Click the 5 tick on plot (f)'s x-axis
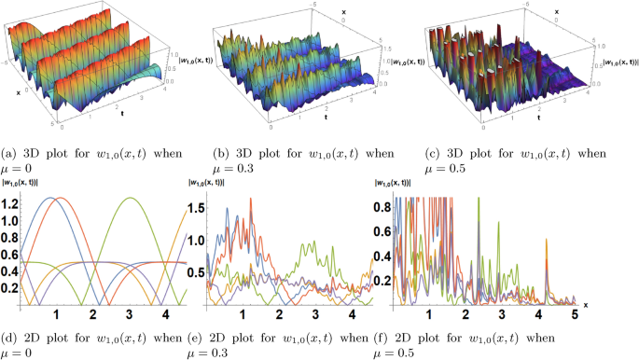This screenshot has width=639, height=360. point(576,315)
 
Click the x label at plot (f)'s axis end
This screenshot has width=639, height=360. point(585,304)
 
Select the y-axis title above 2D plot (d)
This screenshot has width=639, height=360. point(26,184)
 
